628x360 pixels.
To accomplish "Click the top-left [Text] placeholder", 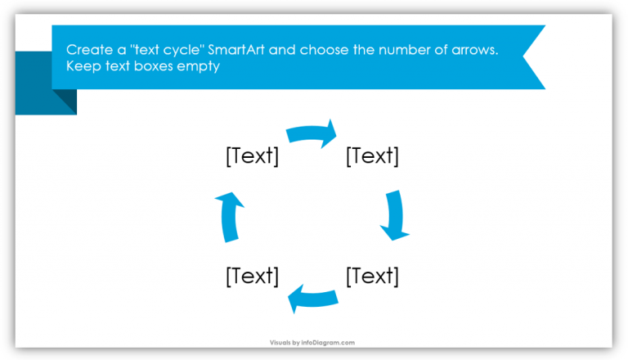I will coord(252,156).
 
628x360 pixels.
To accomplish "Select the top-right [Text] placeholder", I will coord(373,156).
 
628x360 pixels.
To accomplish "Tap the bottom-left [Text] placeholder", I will coord(252,277).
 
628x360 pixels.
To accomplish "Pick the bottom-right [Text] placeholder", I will coord(373,277).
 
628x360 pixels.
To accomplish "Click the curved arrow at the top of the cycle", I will coord(312,133).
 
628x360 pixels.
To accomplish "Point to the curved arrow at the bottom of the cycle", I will coord(313,299).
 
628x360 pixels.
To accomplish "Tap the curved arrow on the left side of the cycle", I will coord(230,216).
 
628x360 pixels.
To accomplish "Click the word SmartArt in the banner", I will coord(236,51).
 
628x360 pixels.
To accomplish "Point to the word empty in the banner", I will coord(200,67).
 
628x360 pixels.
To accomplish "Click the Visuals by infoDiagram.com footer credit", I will coord(313,343).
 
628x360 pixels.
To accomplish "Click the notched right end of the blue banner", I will coord(532,57).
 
